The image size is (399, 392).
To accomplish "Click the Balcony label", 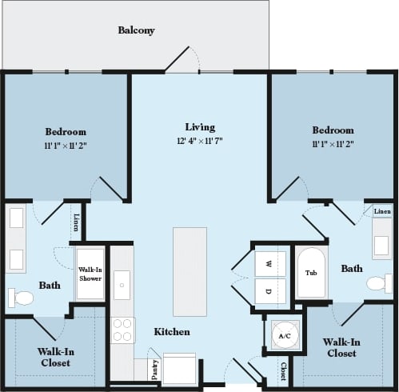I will tap(136, 30).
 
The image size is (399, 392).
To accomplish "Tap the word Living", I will tap(200, 126).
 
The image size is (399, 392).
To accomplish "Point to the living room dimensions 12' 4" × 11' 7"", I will tap(200, 141).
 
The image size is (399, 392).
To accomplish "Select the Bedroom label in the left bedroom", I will tap(66, 131).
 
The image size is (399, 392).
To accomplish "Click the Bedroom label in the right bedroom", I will tap(333, 130).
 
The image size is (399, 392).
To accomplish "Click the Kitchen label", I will tap(171, 331).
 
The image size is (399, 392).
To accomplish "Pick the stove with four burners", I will tap(122, 330).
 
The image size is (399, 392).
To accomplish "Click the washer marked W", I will tap(269, 263).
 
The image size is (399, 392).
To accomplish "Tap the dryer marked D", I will tap(269, 290).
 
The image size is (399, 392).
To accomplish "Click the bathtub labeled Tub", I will tap(311, 272).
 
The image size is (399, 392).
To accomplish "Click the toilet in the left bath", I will tap(22, 298).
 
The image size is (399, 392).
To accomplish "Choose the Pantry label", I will tap(154, 370).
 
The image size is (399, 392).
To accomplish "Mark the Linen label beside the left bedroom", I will tap(76, 222).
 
